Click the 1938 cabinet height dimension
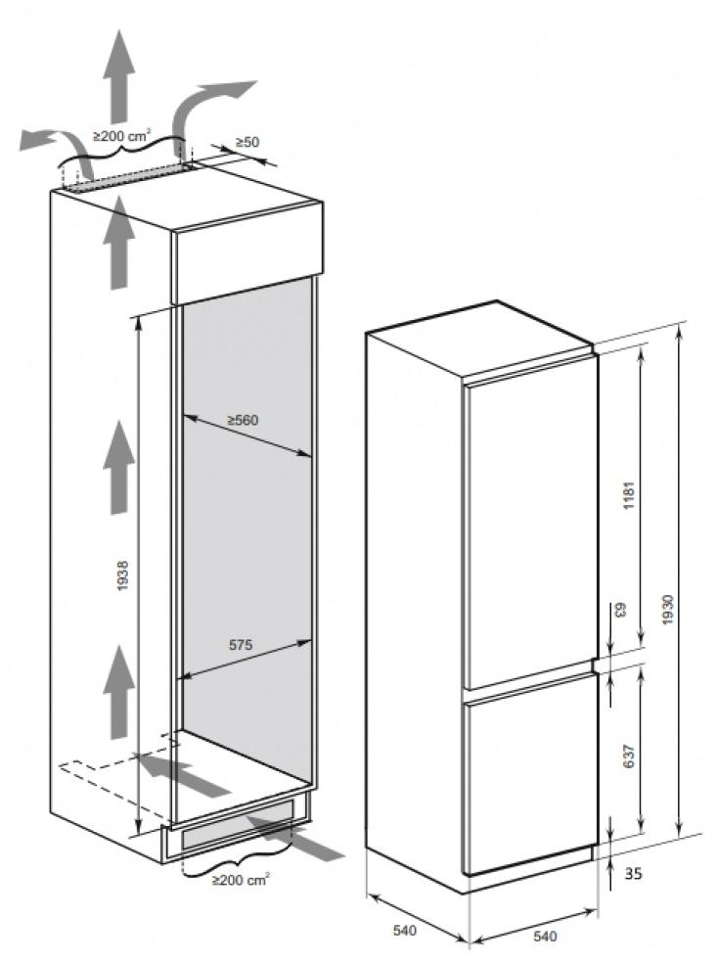coord(123,575)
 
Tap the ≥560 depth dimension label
coord(244,421)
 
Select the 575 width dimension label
coord(241,645)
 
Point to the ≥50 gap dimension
coord(246,142)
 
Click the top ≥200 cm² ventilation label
coord(121,136)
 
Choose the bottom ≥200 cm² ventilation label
coord(241,880)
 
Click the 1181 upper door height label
coord(628,496)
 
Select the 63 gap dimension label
coord(619,610)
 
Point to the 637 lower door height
coord(628,757)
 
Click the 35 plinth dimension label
coord(633,873)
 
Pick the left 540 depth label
coord(405,931)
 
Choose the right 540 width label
coord(545,937)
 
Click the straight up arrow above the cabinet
coord(118,76)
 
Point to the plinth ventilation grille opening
coord(237,830)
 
